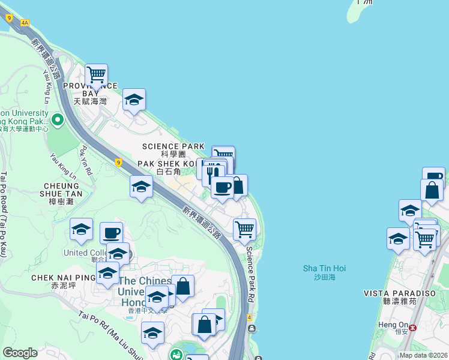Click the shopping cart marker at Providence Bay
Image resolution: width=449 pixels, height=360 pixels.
coord(96,75)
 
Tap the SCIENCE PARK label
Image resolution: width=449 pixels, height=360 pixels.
coord(169,146)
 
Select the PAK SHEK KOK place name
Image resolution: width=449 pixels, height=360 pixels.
coord(167,163)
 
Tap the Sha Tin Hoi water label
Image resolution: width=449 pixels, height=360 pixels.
coord(324,268)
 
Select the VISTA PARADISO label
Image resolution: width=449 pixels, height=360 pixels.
coord(391,293)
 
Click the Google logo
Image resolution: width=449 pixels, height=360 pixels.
coord(19,353)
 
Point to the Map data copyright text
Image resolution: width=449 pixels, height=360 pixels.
coord(423,355)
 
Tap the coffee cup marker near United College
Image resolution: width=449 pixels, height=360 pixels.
coord(111,232)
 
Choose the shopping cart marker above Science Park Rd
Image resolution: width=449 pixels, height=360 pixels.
coord(244,229)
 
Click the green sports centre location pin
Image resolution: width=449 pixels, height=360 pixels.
coord(58,120)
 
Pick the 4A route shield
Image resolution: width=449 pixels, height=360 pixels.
coord(25,22)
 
